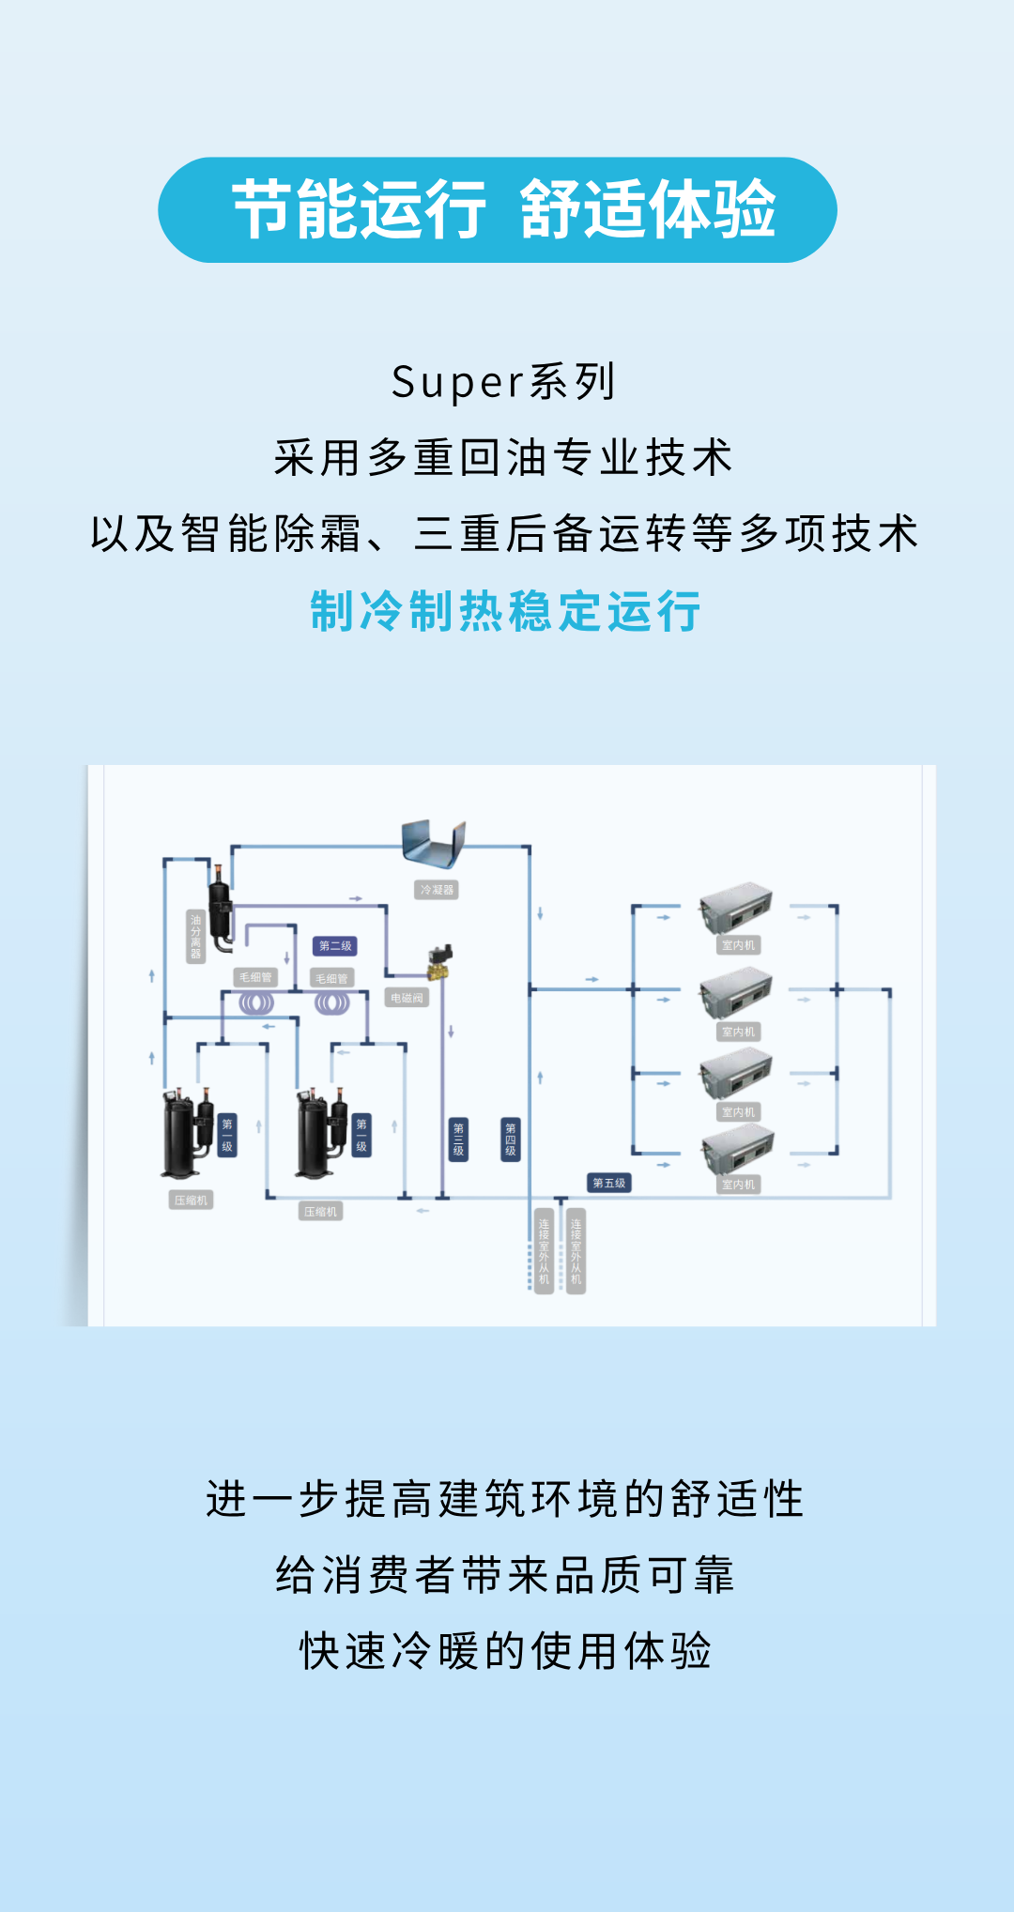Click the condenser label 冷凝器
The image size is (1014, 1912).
[437, 890]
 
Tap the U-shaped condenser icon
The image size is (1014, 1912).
[433, 843]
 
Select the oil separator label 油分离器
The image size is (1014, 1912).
[195, 936]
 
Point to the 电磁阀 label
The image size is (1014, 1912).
[407, 998]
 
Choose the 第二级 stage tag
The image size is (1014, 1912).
[335, 945]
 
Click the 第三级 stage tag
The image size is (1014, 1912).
[458, 1140]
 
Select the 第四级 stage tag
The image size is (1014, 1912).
[511, 1140]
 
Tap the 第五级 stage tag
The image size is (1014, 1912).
[608, 1183]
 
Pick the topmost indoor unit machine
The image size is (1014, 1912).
[736, 908]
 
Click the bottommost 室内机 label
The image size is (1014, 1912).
[738, 1185]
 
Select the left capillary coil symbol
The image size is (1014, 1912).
[255, 1003]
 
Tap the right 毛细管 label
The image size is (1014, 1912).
[331, 978]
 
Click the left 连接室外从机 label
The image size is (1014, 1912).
[544, 1251]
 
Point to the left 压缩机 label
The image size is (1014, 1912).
[191, 1201]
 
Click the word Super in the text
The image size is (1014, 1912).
[458, 382]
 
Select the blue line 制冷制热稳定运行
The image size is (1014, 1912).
[506, 611]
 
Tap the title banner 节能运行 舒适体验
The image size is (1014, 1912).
[498, 209]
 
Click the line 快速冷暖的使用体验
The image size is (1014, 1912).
[506, 1651]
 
